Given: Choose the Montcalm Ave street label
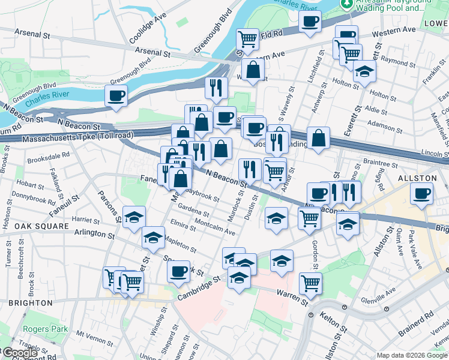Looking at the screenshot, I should (x=214, y=227).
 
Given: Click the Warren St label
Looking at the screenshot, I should (x=293, y=293).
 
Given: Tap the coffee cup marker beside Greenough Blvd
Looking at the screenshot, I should (x=116, y=95).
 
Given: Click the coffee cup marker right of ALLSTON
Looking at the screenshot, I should (x=421, y=193).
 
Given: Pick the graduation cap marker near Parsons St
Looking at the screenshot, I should (x=134, y=217).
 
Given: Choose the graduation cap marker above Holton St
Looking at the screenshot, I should (x=364, y=71).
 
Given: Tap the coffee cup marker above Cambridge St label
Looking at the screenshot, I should (x=178, y=271).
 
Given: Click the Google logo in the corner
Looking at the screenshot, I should (x=19, y=353).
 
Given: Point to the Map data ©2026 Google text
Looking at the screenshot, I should (x=412, y=355).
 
